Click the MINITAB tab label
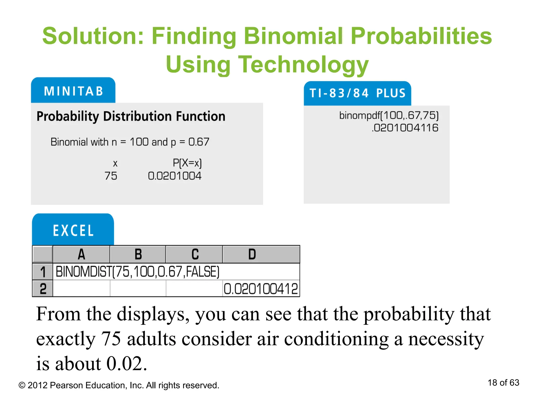74,91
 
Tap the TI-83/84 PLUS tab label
357,93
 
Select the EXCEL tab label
73,230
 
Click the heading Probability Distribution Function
131,116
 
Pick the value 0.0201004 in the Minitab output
175,176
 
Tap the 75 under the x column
111,176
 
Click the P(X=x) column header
187,163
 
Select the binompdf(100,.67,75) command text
389,115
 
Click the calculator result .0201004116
405,128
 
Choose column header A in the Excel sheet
81,254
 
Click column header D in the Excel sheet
252,254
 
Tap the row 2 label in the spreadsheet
43,289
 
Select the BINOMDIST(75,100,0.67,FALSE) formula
137,272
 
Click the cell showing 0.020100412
260,289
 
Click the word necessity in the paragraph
446,339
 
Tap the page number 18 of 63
503,383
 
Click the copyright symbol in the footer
22,385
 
